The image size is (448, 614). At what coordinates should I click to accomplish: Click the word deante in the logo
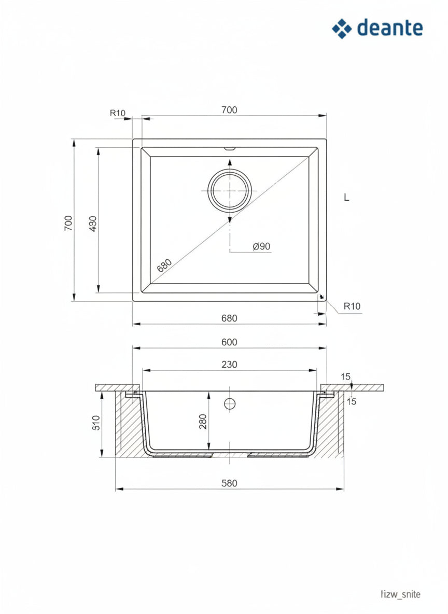pyautogui.click(x=390, y=28)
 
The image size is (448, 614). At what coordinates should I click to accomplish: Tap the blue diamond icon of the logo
pyautogui.click(x=342, y=29)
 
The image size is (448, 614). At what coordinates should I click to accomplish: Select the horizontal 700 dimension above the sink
pyautogui.click(x=230, y=110)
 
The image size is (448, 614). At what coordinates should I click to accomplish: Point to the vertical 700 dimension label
pyautogui.click(x=68, y=223)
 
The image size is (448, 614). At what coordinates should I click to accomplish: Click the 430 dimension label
pyautogui.click(x=93, y=224)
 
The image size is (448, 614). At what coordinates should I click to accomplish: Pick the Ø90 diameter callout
pyautogui.click(x=262, y=246)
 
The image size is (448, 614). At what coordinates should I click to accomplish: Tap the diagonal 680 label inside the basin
pyautogui.click(x=164, y=265)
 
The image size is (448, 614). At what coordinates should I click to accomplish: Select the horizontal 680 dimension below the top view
pyautogui.click(x=230, y=318)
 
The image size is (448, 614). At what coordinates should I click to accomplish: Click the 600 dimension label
pyautogui.click(x=230, y=342)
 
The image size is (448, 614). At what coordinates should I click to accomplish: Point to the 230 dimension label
pyautogui.click(x=230, y=365)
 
